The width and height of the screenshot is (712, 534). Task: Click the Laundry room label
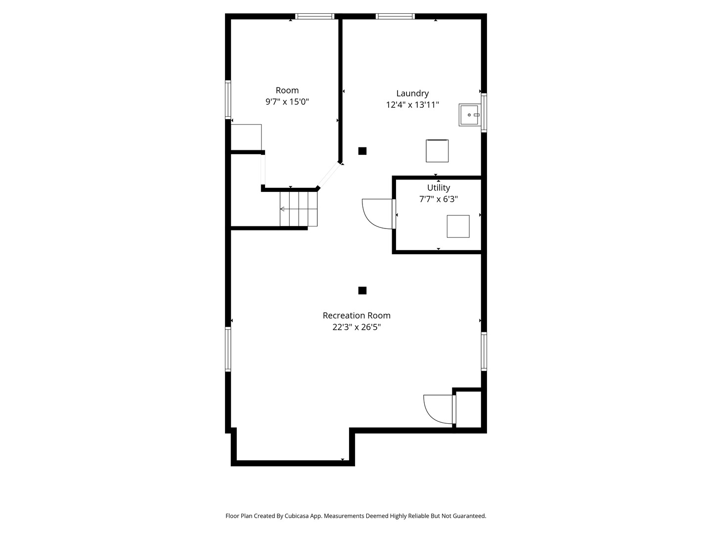[x=412, y=94]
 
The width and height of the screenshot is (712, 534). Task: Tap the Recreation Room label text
[x=356, y=315]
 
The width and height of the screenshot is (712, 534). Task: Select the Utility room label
[x=439, y=188]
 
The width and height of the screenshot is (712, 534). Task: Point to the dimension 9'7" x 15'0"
[x=287, y=102]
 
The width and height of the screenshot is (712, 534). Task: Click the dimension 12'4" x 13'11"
[x=412, y=105]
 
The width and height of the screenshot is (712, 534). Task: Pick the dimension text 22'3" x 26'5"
[x=356, y=327]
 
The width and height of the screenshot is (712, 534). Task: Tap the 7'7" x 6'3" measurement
[x=439, y=199]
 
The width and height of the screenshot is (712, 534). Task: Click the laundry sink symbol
[x=469, y=115]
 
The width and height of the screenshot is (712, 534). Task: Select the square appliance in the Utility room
[x=458, y=226]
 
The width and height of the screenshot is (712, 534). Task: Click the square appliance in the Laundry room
[x=437, y=151]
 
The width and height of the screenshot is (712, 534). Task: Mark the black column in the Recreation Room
[x=362, y=291]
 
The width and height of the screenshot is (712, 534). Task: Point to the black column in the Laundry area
[x=362, y=151]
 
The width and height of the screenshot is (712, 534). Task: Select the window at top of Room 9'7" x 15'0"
[x=314, y=16]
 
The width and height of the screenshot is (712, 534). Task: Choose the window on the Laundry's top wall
[x=395, y=16]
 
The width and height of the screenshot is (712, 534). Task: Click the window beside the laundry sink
[x=484, y=113]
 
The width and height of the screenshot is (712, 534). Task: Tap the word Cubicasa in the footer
[x=297, y=516]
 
